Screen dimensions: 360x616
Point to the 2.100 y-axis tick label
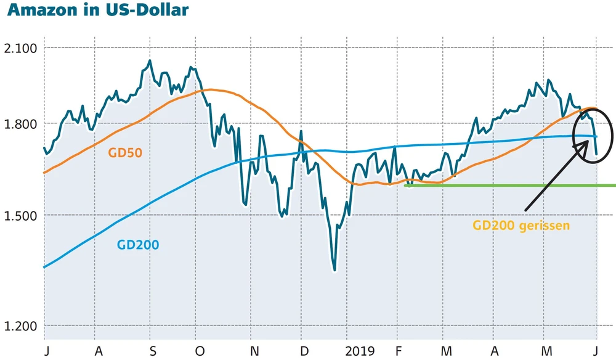click(x=21, y=48)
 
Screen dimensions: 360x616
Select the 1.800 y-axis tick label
click(x=21, y=124)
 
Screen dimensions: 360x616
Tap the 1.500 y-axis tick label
click(x=21, y=215)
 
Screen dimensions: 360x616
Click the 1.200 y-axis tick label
click(x=21, y=326)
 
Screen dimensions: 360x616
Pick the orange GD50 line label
click(x=125, y=152)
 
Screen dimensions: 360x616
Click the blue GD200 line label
click(x=138, y=245)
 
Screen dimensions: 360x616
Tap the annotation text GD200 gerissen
click(x=521, y=225)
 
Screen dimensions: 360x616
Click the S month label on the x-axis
click(x=153, y=351)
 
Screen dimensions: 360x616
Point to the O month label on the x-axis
click(x=199, y=351)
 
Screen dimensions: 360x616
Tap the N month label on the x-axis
click(x=254, y=351)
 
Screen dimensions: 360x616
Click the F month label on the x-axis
click(x=400, y=351)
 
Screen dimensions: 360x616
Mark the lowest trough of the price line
click(x=334, y=270)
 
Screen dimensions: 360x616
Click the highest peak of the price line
click(x=150, y=60)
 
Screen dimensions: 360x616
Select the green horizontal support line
click(x=511, y=185)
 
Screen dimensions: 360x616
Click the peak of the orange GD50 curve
click(x=210, y=89)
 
